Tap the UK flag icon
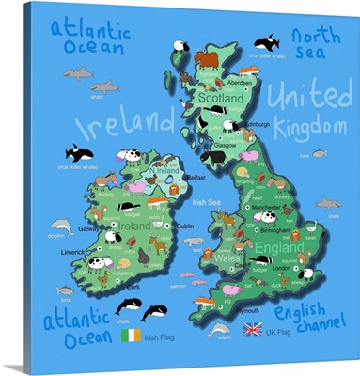pyautogui.click(x=252, y=329)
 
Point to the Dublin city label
pyautogui.click(x=185, y=226)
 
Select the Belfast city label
pyautogui.click(x=196, y=177)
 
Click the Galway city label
pyautogui.click(x=89, y=228)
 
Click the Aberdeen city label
pyautogui.click(x=240, y=81)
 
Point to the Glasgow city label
pyautogui.click(x=224, y=145)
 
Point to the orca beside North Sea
pyautogui.click(x=268, y=42)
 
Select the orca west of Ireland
pyautogui.click(x=77, y=151)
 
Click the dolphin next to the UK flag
pyautogui.click(x=219, y=330)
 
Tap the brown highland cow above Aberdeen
pyautogui.click(x=206, y=59)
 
